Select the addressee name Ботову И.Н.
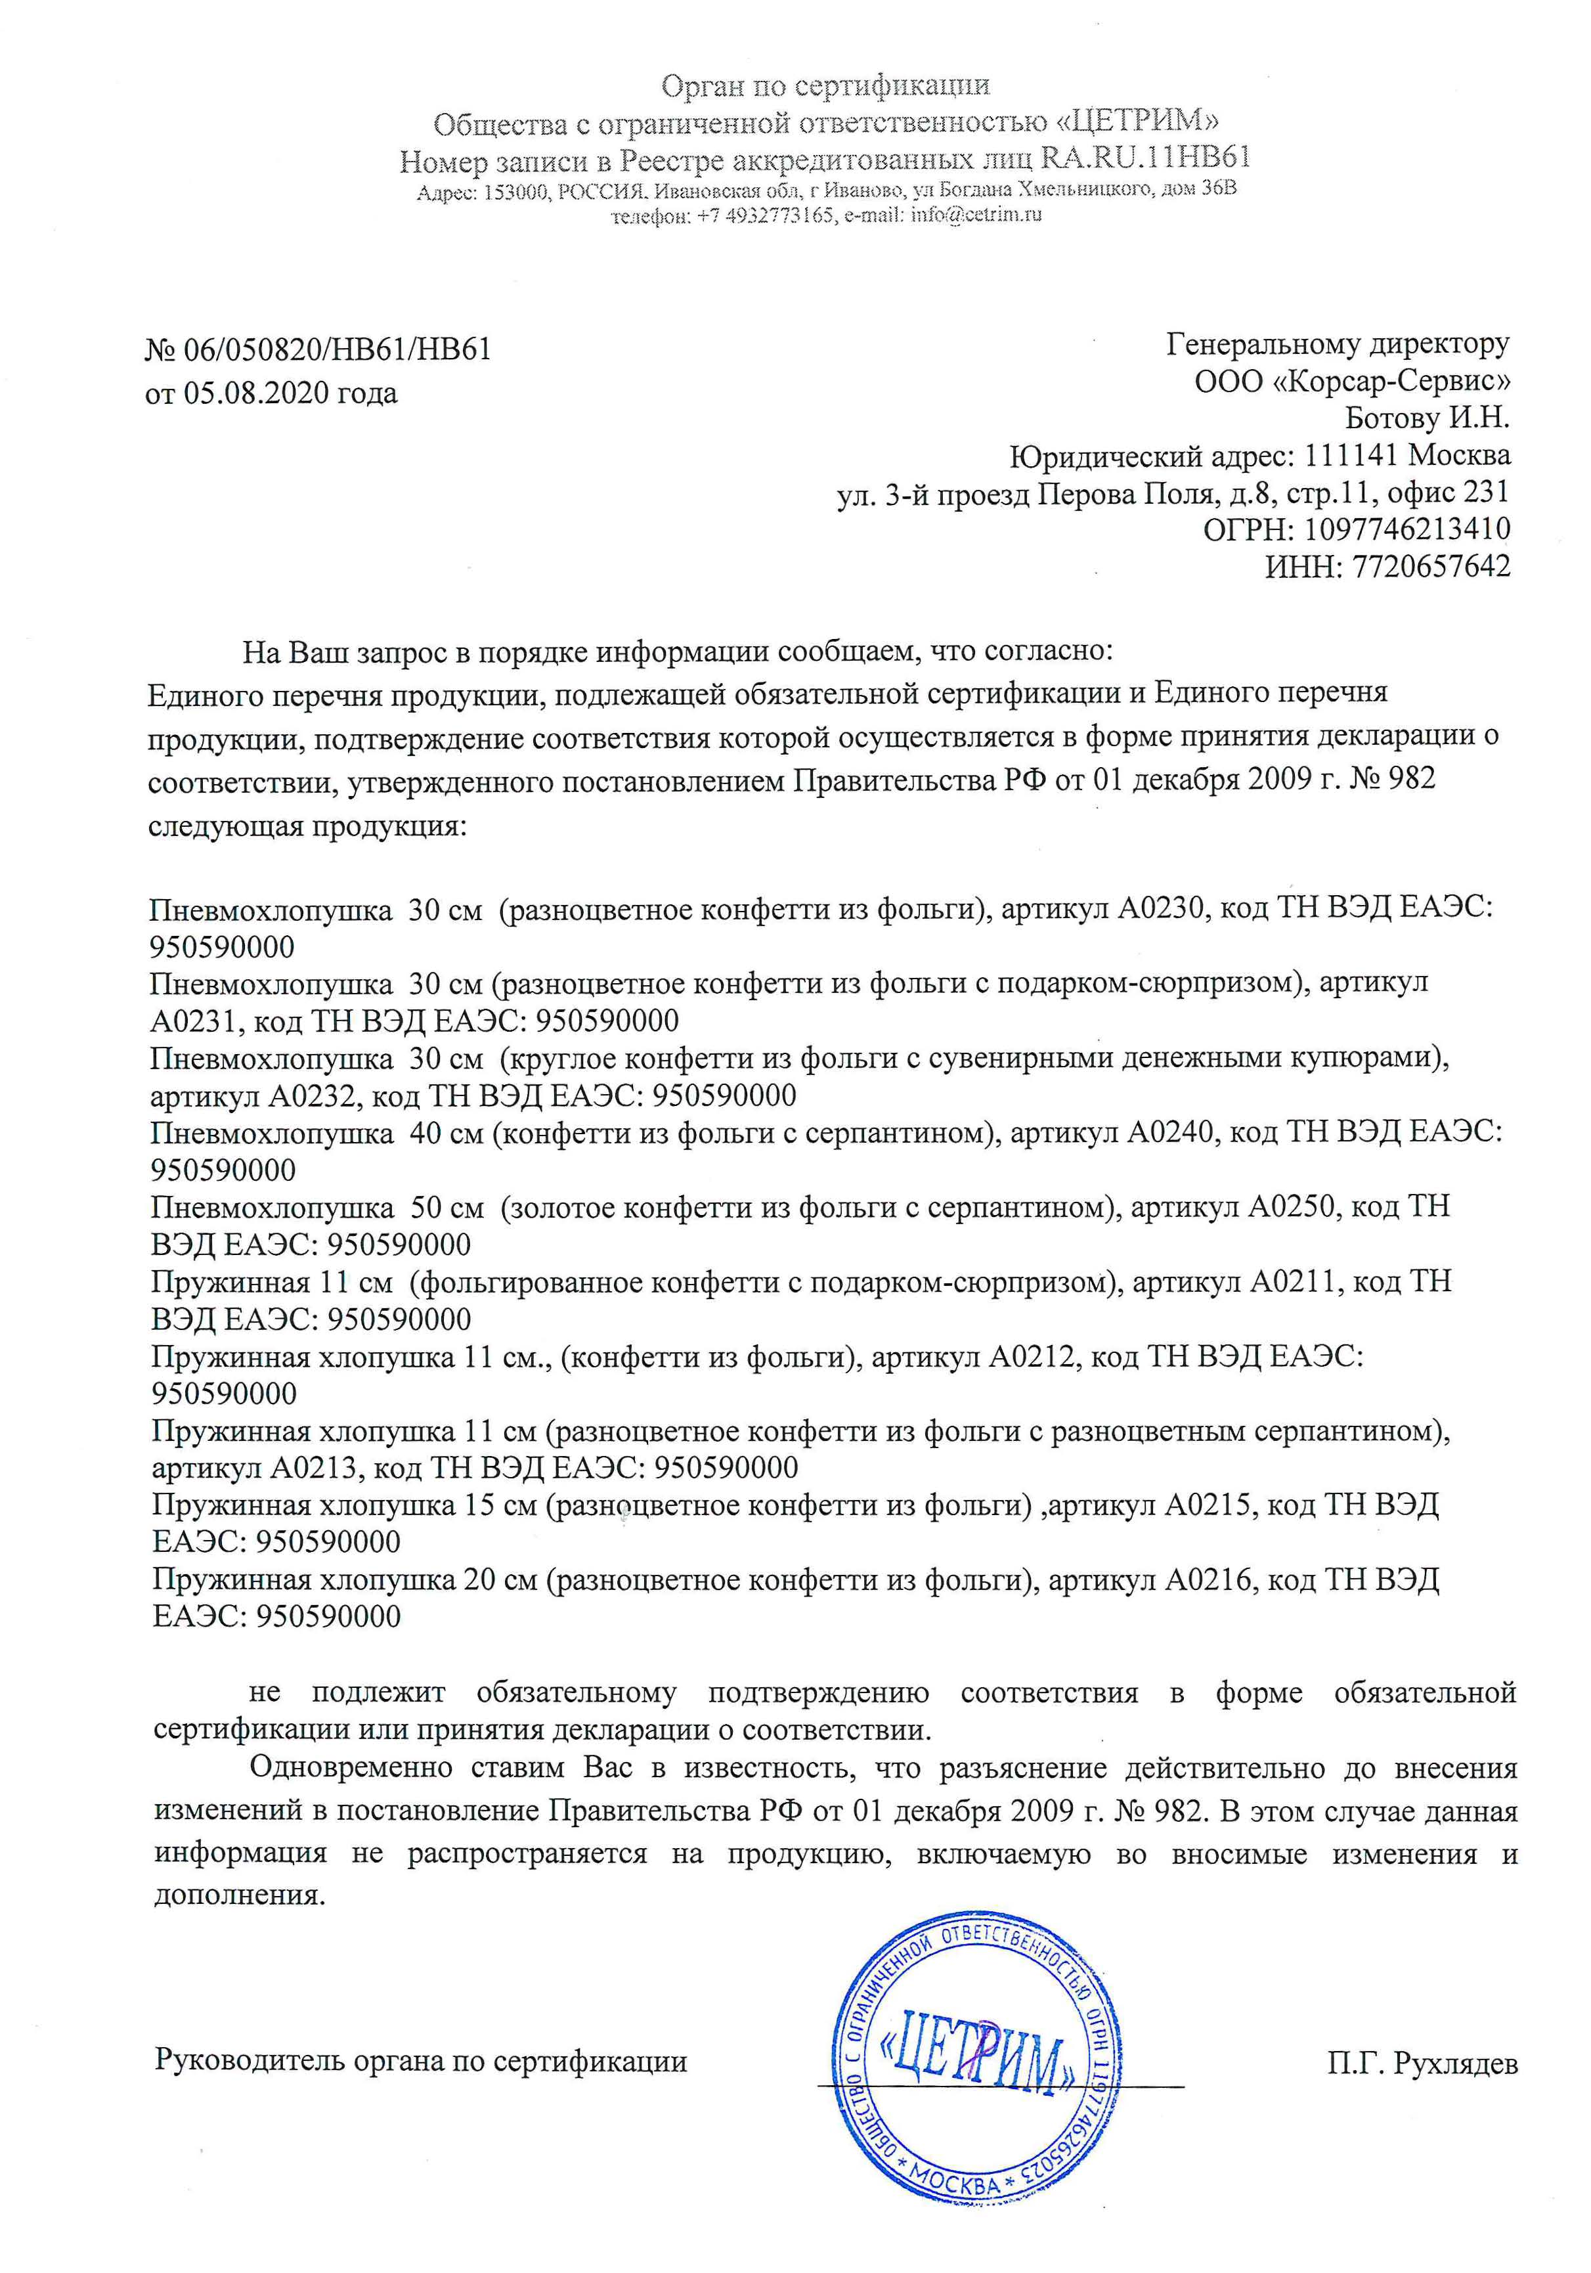pos(1427,418)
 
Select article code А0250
pos(1291,1207)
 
